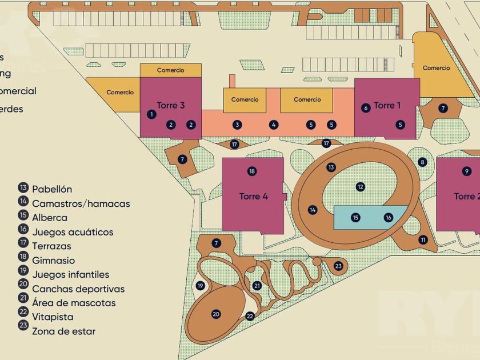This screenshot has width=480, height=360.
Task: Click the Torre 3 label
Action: pyautogui.click(x=171, y=105)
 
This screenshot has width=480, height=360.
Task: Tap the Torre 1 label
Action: pyautogui.click(x=387, y=105)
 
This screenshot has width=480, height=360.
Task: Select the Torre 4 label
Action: pyautogui.click(x=254, y=197)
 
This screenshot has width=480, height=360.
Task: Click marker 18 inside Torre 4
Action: pyautogui.click(x=252, y=171)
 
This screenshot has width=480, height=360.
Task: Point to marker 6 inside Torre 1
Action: pyautogui.click(x=366, y=107)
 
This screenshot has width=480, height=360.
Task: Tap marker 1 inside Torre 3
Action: pyautogui.click(x=151, y=114)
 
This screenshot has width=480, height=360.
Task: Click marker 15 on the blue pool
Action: pyautogui.click(x=355, y=217)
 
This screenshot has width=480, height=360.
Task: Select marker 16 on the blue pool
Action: pyautogui.click(x=389, y=217)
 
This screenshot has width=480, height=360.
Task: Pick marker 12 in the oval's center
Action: pyautogui.click(x=360, y=186)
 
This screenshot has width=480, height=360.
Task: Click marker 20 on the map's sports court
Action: pyautogui.click(x=215, y=314)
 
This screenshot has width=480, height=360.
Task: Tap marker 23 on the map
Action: pyautogui.click(x=338, y=266)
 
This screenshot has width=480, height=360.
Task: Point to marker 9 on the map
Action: pyautogui.click(x=467, y=171)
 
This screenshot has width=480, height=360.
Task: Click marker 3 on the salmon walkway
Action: pyautogui.click(x=237, y=125)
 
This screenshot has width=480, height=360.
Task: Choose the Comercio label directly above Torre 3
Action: pyautogui.click(x=171, y=70)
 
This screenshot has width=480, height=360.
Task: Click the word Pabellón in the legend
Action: pyautogui.click(x=52, y=189)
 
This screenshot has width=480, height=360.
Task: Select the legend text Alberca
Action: pyautogui.click(x=50, y=218)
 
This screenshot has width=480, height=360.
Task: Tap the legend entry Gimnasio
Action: pyautogui.click(x=53, y=261)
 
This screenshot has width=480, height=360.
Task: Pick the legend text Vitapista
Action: pyautogui.click(x=53, y=317)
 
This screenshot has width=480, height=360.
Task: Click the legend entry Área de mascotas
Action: pyautogui.click(x=74, y=303)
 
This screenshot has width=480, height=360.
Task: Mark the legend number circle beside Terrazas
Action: pyautogui.click(x=23, y=246)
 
